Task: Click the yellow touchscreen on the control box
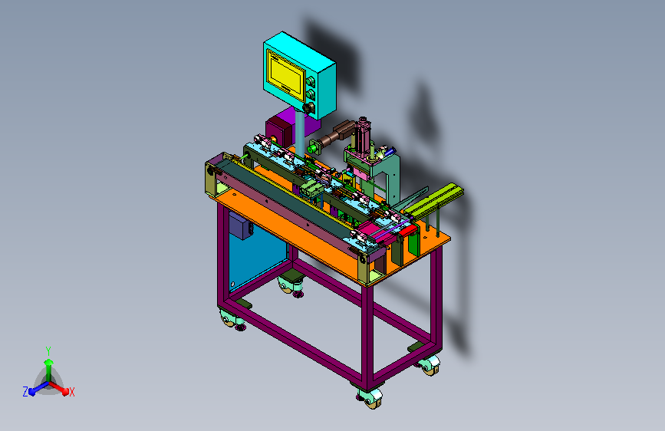click(286, 71)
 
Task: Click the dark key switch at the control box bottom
click(308, 107)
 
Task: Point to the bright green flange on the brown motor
click(314, 147)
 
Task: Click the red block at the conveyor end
click(407, 230)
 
